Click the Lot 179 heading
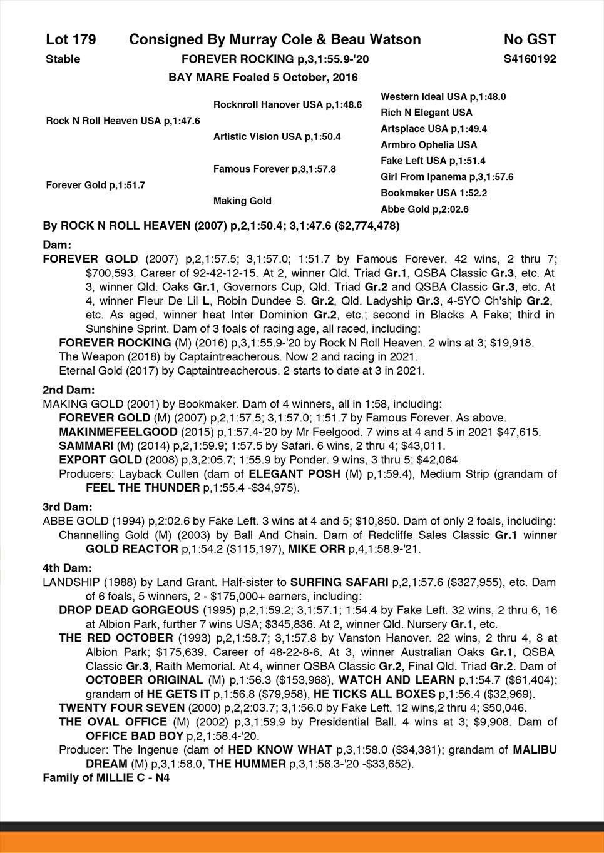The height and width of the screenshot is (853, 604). click(71, 40)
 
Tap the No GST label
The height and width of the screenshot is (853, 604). click(530, 40)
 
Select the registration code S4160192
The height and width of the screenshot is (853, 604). click(530, 59)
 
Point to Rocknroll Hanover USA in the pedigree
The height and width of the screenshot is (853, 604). click(287, 104)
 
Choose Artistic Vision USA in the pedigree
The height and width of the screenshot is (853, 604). click(277, 136)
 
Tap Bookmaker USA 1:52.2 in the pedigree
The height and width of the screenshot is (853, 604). click(434, 193)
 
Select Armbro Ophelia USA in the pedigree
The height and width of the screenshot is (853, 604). click(429, 145)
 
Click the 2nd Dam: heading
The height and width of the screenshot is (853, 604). click(68, 390)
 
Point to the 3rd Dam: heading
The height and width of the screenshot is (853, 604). click(68, 507)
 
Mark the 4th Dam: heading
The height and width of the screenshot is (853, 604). click(68, 568)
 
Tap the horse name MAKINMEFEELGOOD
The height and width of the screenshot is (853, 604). click(117, 432)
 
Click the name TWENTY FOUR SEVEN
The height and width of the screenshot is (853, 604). click(121, 708)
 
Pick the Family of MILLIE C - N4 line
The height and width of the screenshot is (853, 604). click(106, 778)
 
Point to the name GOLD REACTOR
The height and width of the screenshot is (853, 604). click(131, 549)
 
